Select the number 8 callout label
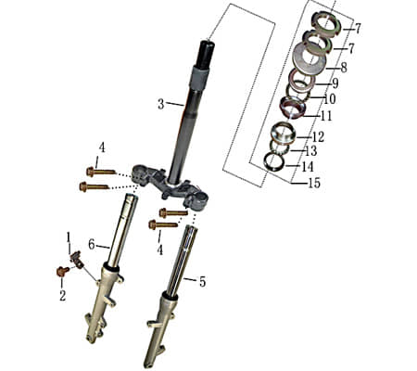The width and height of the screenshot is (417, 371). pos(343,68)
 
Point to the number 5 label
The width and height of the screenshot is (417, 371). pos(203,279)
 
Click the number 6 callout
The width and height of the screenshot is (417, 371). pos(92,244)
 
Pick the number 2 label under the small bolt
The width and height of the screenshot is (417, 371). pos(63,296)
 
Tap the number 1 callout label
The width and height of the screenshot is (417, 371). pos(68,238)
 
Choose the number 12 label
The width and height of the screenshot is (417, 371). pos(317,136)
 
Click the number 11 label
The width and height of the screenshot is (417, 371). pos(324,116)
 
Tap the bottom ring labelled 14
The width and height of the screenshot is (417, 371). pos(273,161)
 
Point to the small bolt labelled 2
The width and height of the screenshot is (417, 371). pos(62,272)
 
